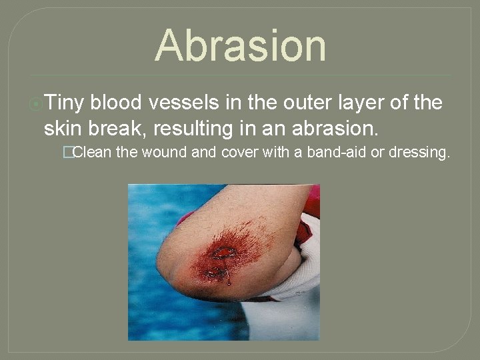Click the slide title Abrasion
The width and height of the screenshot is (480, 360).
point(241,45)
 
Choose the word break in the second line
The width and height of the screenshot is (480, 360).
point(115,126)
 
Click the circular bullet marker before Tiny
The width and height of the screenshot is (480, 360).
point(37,103)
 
